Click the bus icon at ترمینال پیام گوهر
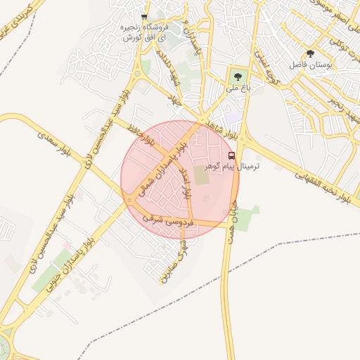(232, 155)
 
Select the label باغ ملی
(233, 89)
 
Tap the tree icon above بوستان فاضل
(310, 54)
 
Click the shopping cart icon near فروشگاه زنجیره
(144, 16)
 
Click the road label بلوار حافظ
(141, 134)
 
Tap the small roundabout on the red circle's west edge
(129, 200)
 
